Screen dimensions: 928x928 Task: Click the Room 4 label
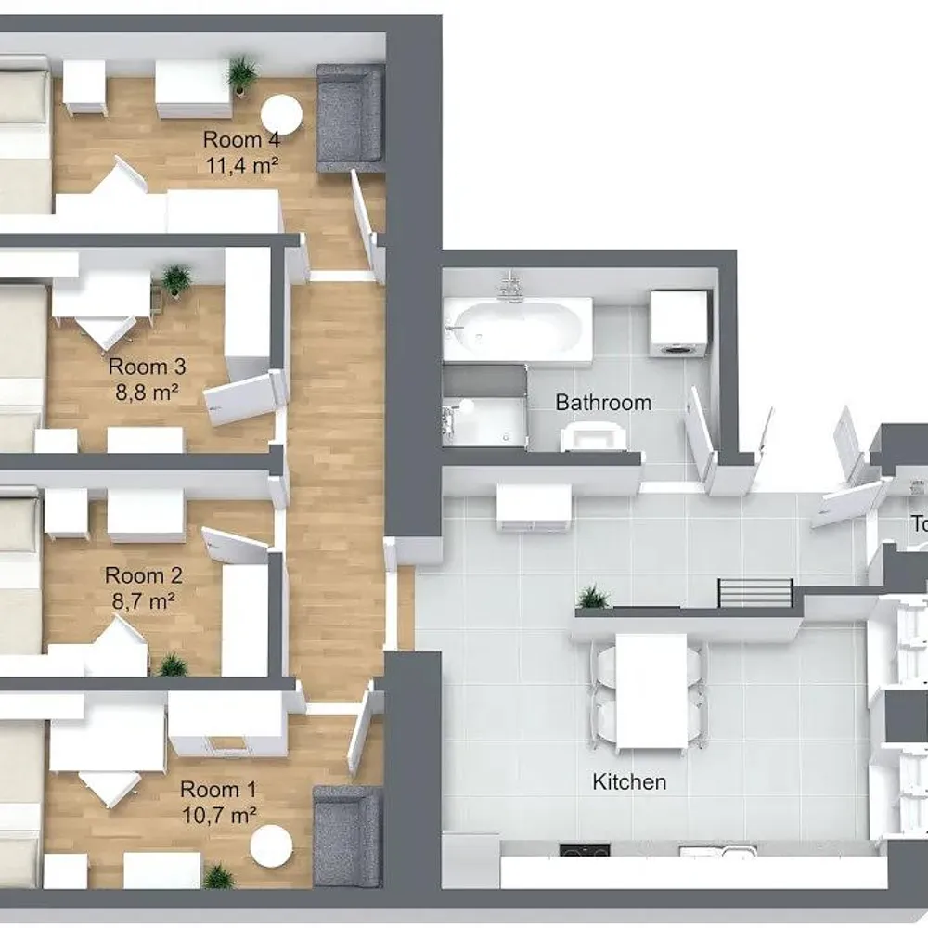tap(241, 140)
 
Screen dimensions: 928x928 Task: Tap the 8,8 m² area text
tap(142, 392)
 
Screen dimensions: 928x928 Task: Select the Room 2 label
tap(143, 575)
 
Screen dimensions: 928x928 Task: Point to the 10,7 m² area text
tap(219, 816)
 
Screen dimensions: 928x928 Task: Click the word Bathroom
tap(603, 403)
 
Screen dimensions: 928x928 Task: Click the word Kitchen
tap(629, 782)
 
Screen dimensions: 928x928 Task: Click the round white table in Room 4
tap(281, 114)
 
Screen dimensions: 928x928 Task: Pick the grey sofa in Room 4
tap(349, 118)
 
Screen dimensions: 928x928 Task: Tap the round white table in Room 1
tap(272, 846)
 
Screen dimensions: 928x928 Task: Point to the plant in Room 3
tap(176, 278)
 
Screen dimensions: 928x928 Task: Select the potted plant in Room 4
tap(243, 72)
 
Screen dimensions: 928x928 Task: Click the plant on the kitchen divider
tap(593, 598)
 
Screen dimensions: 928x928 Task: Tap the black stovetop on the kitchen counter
tap(585, 851)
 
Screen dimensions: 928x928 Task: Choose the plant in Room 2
tap(172, 664)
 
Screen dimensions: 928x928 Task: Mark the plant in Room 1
tap(219, 876)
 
